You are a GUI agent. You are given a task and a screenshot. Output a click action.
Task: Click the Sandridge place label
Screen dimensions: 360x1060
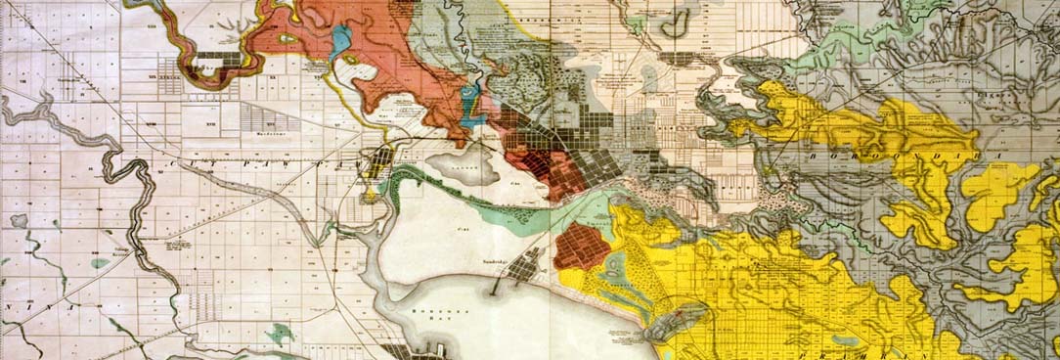pyautogui.click(x=500, y=263)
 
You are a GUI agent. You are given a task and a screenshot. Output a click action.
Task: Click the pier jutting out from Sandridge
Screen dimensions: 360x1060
pyautogui.click(x=500, y=284)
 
